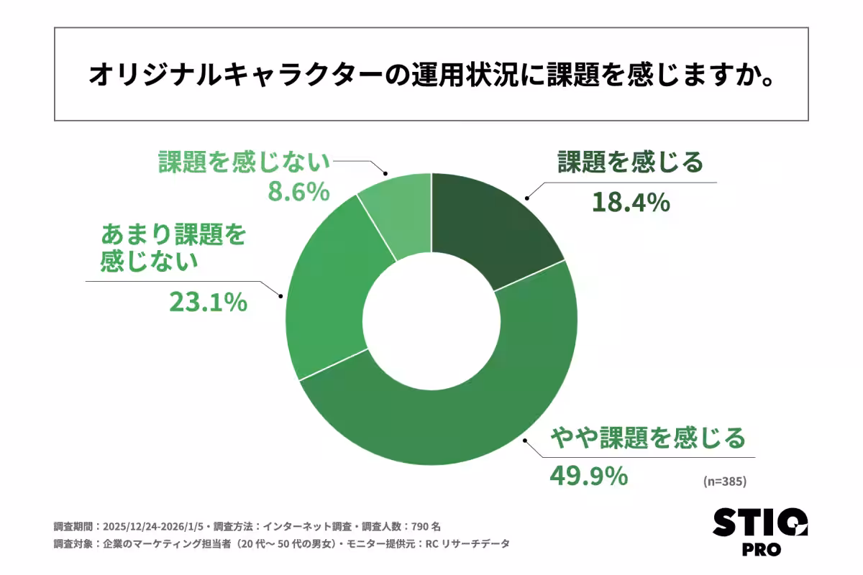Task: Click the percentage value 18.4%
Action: click(x=631, y=203)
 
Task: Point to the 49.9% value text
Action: click(x=589, y=476)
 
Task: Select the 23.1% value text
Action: click(x=209, y=302)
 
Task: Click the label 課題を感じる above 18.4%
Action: click(x=631, y=162)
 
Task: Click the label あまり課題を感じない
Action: click(x=173, y=248)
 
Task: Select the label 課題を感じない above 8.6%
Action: click(x=244, y=162)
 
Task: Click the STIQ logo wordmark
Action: click(x=760, y=522)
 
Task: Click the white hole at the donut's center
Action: click(x=431, y=320)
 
